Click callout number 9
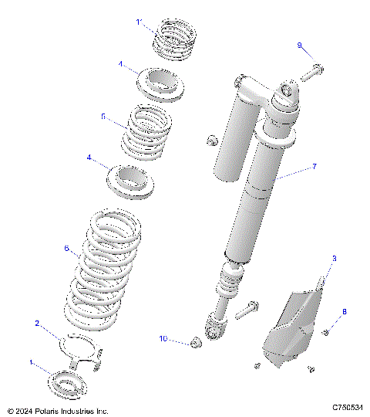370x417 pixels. (300, 46)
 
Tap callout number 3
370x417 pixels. (334, 259)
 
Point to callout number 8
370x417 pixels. (345, 312)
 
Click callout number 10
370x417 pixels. (163, 339)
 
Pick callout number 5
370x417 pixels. (103, 116)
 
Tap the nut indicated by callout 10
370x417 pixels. (195, 341)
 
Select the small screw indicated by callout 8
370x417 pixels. (326, 332)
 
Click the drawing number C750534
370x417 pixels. (348, 407)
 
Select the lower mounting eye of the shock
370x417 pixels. (217, 331)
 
